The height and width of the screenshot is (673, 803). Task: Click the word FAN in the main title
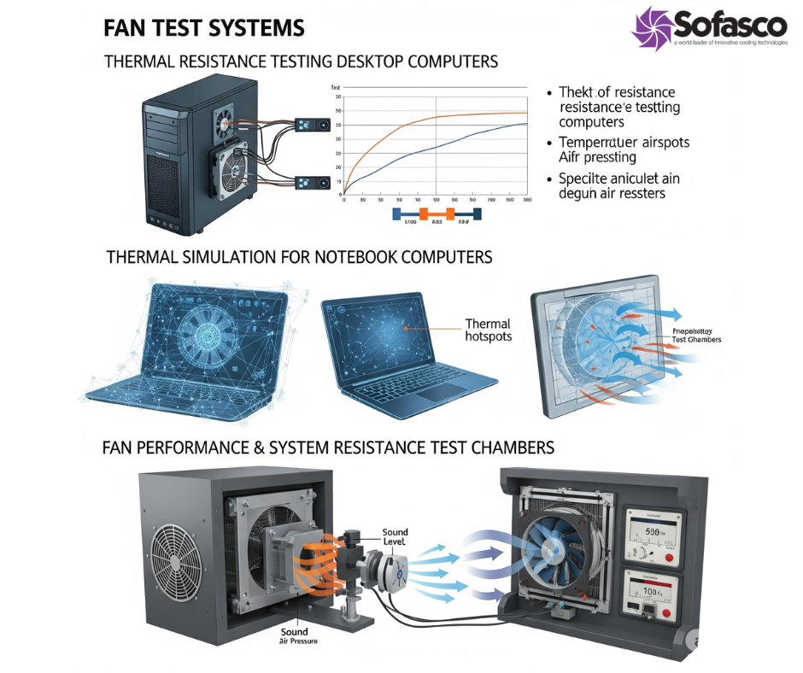[123, 28]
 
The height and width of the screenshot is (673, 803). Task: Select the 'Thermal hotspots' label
[488, 331]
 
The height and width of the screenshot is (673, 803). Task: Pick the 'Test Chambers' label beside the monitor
[696, 339]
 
